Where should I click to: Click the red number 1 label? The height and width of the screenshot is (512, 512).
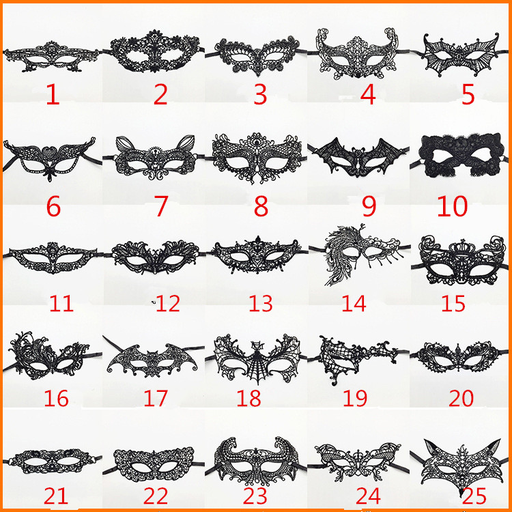click(x=53, y=94)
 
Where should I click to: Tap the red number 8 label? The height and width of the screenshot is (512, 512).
click(x=261, y=206)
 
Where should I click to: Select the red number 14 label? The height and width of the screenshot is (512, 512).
click(x=354, y=303)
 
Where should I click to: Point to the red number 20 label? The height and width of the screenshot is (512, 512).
click(x=461, y=398)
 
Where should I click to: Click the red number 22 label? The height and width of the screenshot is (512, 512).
click(x=156, y=496)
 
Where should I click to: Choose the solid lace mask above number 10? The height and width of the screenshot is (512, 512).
click(x=461, y=155)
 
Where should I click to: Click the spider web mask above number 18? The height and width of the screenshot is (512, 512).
click(x=257, y=358)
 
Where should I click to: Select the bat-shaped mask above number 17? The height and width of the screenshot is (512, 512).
click(x=152, y=360)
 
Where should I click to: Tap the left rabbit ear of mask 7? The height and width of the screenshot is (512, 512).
click(x=125, y=144)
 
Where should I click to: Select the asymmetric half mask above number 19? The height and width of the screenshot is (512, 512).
click(x=358, y=359)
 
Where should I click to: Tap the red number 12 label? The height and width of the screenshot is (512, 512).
click(x=168, y=303)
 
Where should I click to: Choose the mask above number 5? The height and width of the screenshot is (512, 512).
click(x=461, y=55)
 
